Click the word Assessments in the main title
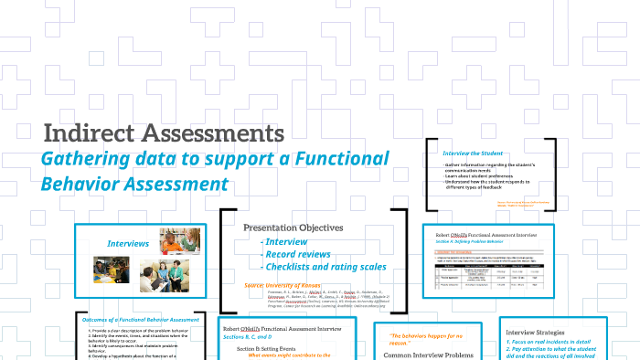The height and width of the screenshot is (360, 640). (x=216, y=133)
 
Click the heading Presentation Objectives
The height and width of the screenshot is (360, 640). (x=293, y=228)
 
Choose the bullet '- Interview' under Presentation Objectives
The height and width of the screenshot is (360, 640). (x=286, y=241)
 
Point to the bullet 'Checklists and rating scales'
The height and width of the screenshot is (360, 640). (x=325, y=267)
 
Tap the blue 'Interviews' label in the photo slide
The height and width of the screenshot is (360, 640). (x=127, y=244)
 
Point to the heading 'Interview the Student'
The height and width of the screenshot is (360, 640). (x=472, y=153)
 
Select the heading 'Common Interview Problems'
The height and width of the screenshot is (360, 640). (x=428, y=355)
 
